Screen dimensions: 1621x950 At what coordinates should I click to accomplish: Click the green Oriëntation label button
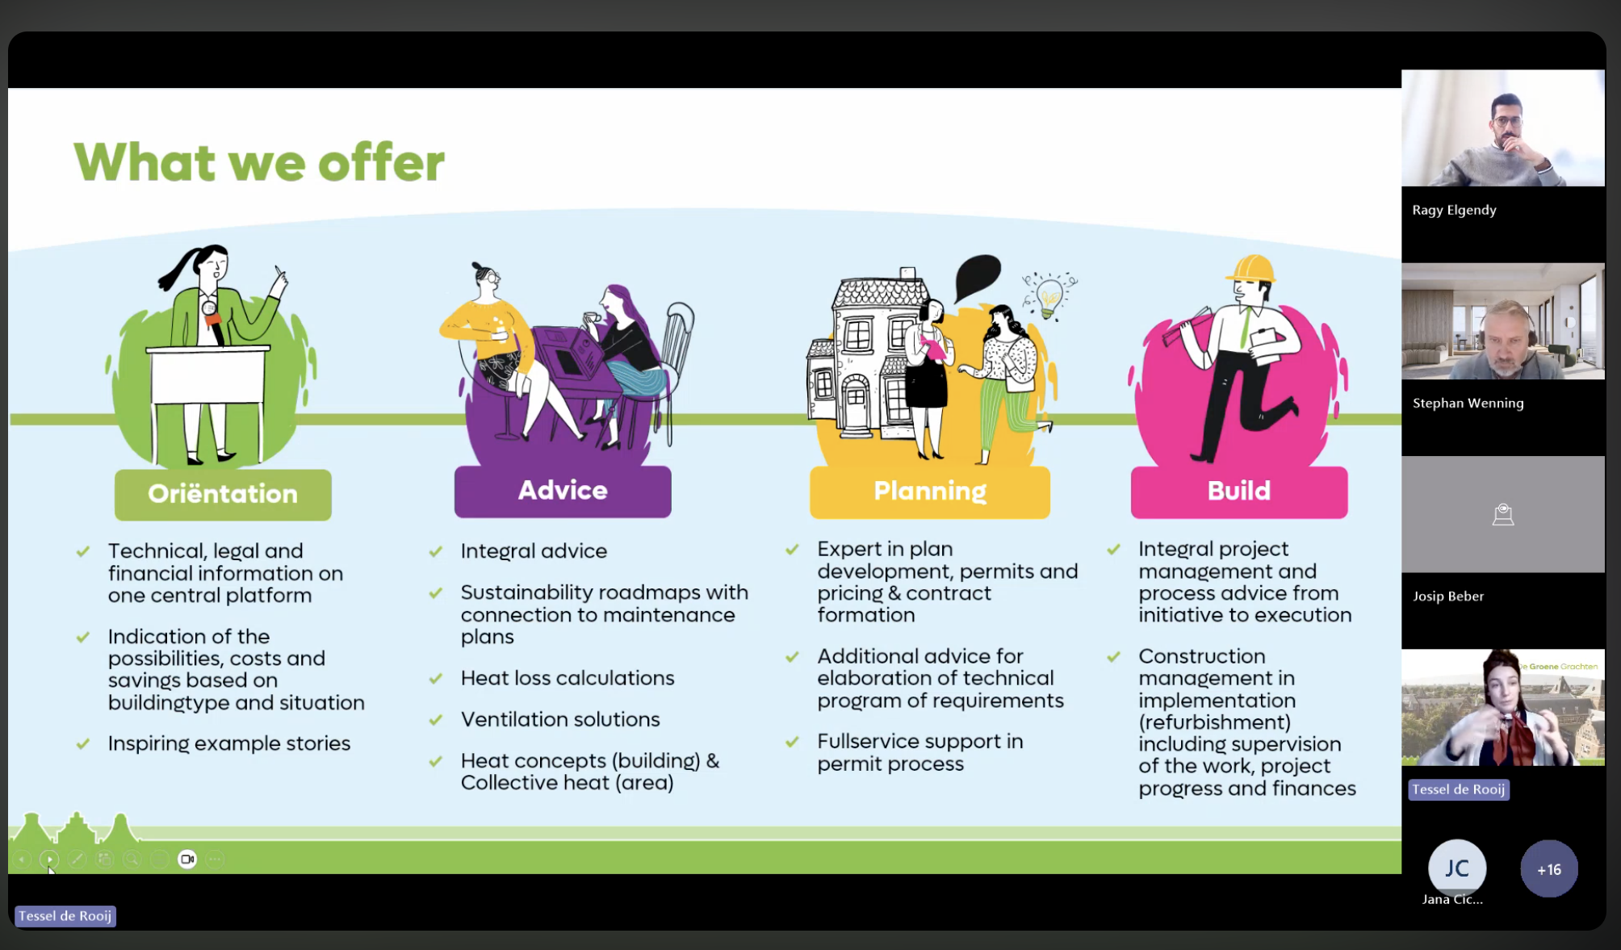point(223,494)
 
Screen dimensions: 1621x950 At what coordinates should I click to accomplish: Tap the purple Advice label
point(563,491)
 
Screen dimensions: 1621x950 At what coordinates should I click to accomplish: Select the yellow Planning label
point(930,491)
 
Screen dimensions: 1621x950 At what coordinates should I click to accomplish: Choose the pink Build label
point(1239,491)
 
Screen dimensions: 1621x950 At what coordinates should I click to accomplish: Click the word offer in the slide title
point(381,162)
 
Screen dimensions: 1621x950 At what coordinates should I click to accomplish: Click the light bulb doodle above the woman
point(1049,295)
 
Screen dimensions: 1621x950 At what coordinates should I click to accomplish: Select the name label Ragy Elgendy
point(1454,210)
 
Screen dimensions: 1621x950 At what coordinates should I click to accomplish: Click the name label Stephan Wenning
point(1468,403)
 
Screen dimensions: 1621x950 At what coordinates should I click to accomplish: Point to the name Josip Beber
point(1448,596)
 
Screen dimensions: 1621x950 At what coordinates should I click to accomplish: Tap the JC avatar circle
point(1456,868)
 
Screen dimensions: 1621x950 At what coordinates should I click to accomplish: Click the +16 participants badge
point(1548,869)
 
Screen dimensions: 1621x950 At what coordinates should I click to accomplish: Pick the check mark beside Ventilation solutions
point(436,720)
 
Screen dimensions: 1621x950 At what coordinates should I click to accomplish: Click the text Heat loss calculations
point(568,678)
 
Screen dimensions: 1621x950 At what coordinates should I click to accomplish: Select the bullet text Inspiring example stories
point(229,743)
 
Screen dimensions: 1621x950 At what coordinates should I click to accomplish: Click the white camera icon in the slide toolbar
point(187,859)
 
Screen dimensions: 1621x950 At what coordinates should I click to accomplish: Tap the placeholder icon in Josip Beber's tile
point(1502,515)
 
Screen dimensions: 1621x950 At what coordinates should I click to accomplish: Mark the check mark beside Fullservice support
point(792,742)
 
